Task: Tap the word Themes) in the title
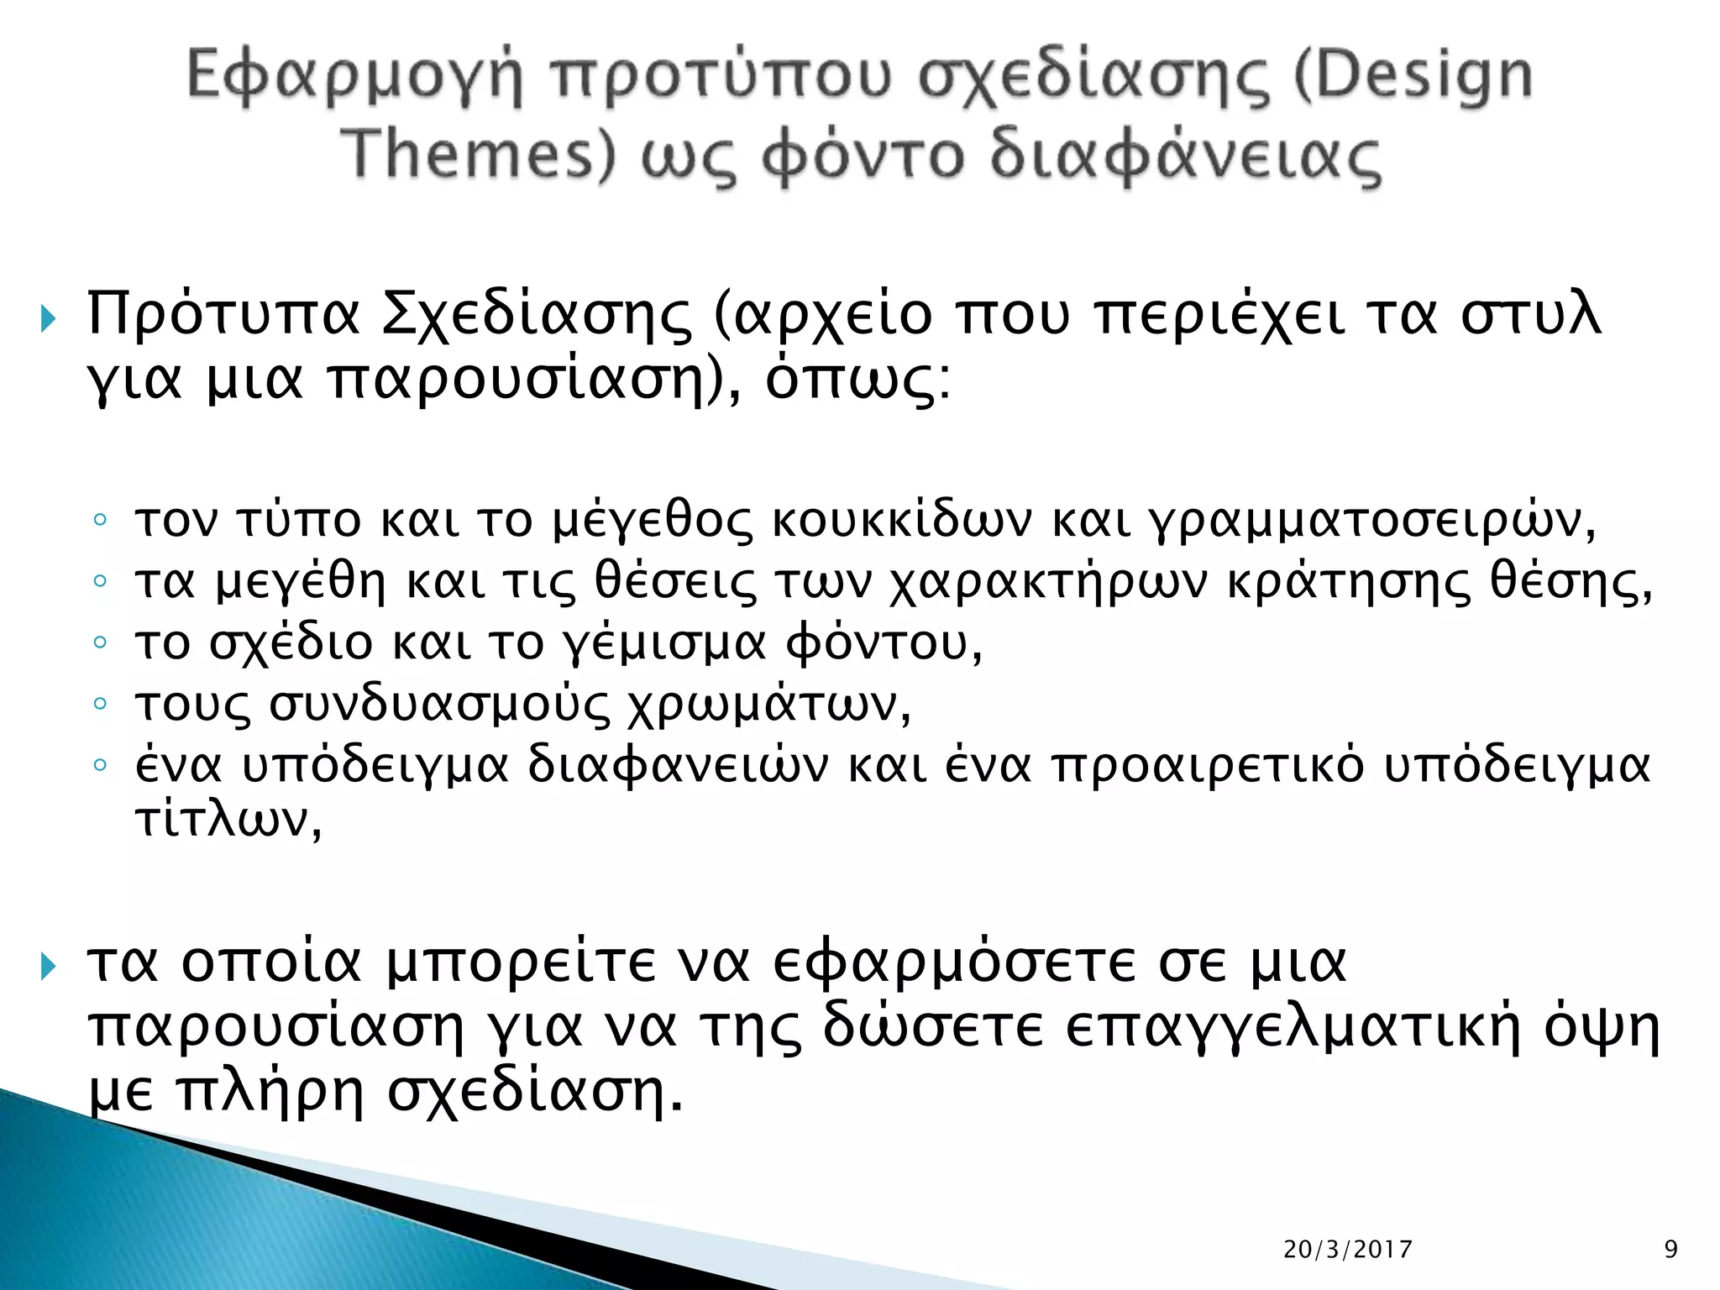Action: click(x=480, y=155)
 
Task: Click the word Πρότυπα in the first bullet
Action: click(x=223, y=314)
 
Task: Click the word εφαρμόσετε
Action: click(x=957, y=962)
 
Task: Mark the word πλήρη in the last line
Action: click(x=269, y=1092)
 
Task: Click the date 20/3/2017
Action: click(x=1347, y=1250)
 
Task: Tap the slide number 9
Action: click(x=1670, y=1250)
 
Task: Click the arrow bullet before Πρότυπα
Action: click(x=48, y=318)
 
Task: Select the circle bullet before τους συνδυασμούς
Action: click(x=100, y=703)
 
